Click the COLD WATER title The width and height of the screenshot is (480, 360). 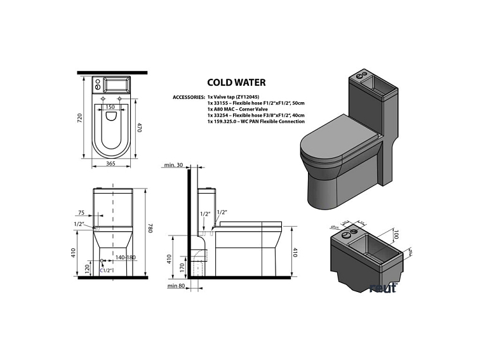tap(236, 82)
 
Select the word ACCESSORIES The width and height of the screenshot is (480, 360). tap(189, 97)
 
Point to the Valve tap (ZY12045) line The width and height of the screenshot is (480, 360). tap(232, 97)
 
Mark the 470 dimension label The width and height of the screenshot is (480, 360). tap(141, 127)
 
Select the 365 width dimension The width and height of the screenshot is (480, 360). tap(110, 164)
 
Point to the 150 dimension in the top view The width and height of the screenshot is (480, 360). tap(110, 107)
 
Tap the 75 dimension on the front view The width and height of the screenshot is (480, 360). tap(81, 213)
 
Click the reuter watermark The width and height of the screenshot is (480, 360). tap(383, 288)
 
